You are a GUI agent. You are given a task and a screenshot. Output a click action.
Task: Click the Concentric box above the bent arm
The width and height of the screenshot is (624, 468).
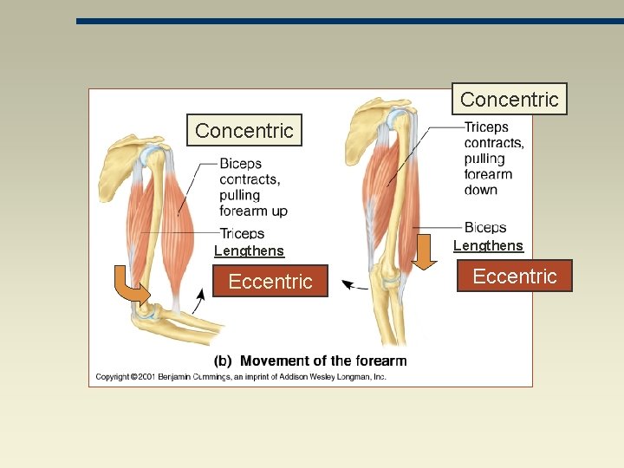(x=244, y=131)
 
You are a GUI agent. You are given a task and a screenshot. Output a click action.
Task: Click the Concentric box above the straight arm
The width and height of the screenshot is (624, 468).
(x=509, y=100)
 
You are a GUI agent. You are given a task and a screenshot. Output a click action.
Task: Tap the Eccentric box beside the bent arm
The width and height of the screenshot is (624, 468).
(x=270, y=282)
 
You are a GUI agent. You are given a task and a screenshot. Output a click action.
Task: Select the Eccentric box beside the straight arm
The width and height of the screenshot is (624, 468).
(x=515, y=276)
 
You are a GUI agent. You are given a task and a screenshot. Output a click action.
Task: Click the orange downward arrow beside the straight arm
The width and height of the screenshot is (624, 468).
(x=425, y=252)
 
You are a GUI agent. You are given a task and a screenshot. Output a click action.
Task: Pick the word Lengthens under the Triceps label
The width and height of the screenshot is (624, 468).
(x=249, y=251)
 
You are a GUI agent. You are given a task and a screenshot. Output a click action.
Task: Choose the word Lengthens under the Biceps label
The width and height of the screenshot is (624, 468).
(x=488, y=246)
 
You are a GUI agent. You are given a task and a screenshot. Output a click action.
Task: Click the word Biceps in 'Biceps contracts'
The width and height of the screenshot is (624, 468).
(x=240, y=164)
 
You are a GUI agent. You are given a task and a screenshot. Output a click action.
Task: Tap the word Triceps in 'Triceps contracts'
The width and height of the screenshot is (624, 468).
(x=486, y=127)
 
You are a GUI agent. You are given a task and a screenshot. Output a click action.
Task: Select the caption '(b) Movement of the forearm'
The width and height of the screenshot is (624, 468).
(x=310, y=361)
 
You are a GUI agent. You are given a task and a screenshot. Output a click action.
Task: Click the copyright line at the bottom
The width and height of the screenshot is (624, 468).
(x=240, y=377)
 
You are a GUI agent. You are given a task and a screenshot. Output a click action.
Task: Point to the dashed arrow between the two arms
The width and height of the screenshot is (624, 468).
(x=355, y=284)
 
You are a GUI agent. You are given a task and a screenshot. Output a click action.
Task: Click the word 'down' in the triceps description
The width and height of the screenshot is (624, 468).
(x=481, y=190)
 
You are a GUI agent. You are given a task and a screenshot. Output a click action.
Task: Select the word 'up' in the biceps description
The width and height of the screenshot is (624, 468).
(x=278, y=211)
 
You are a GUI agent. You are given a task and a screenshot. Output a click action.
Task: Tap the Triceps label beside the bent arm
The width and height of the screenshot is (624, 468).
(x=242, y=233)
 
